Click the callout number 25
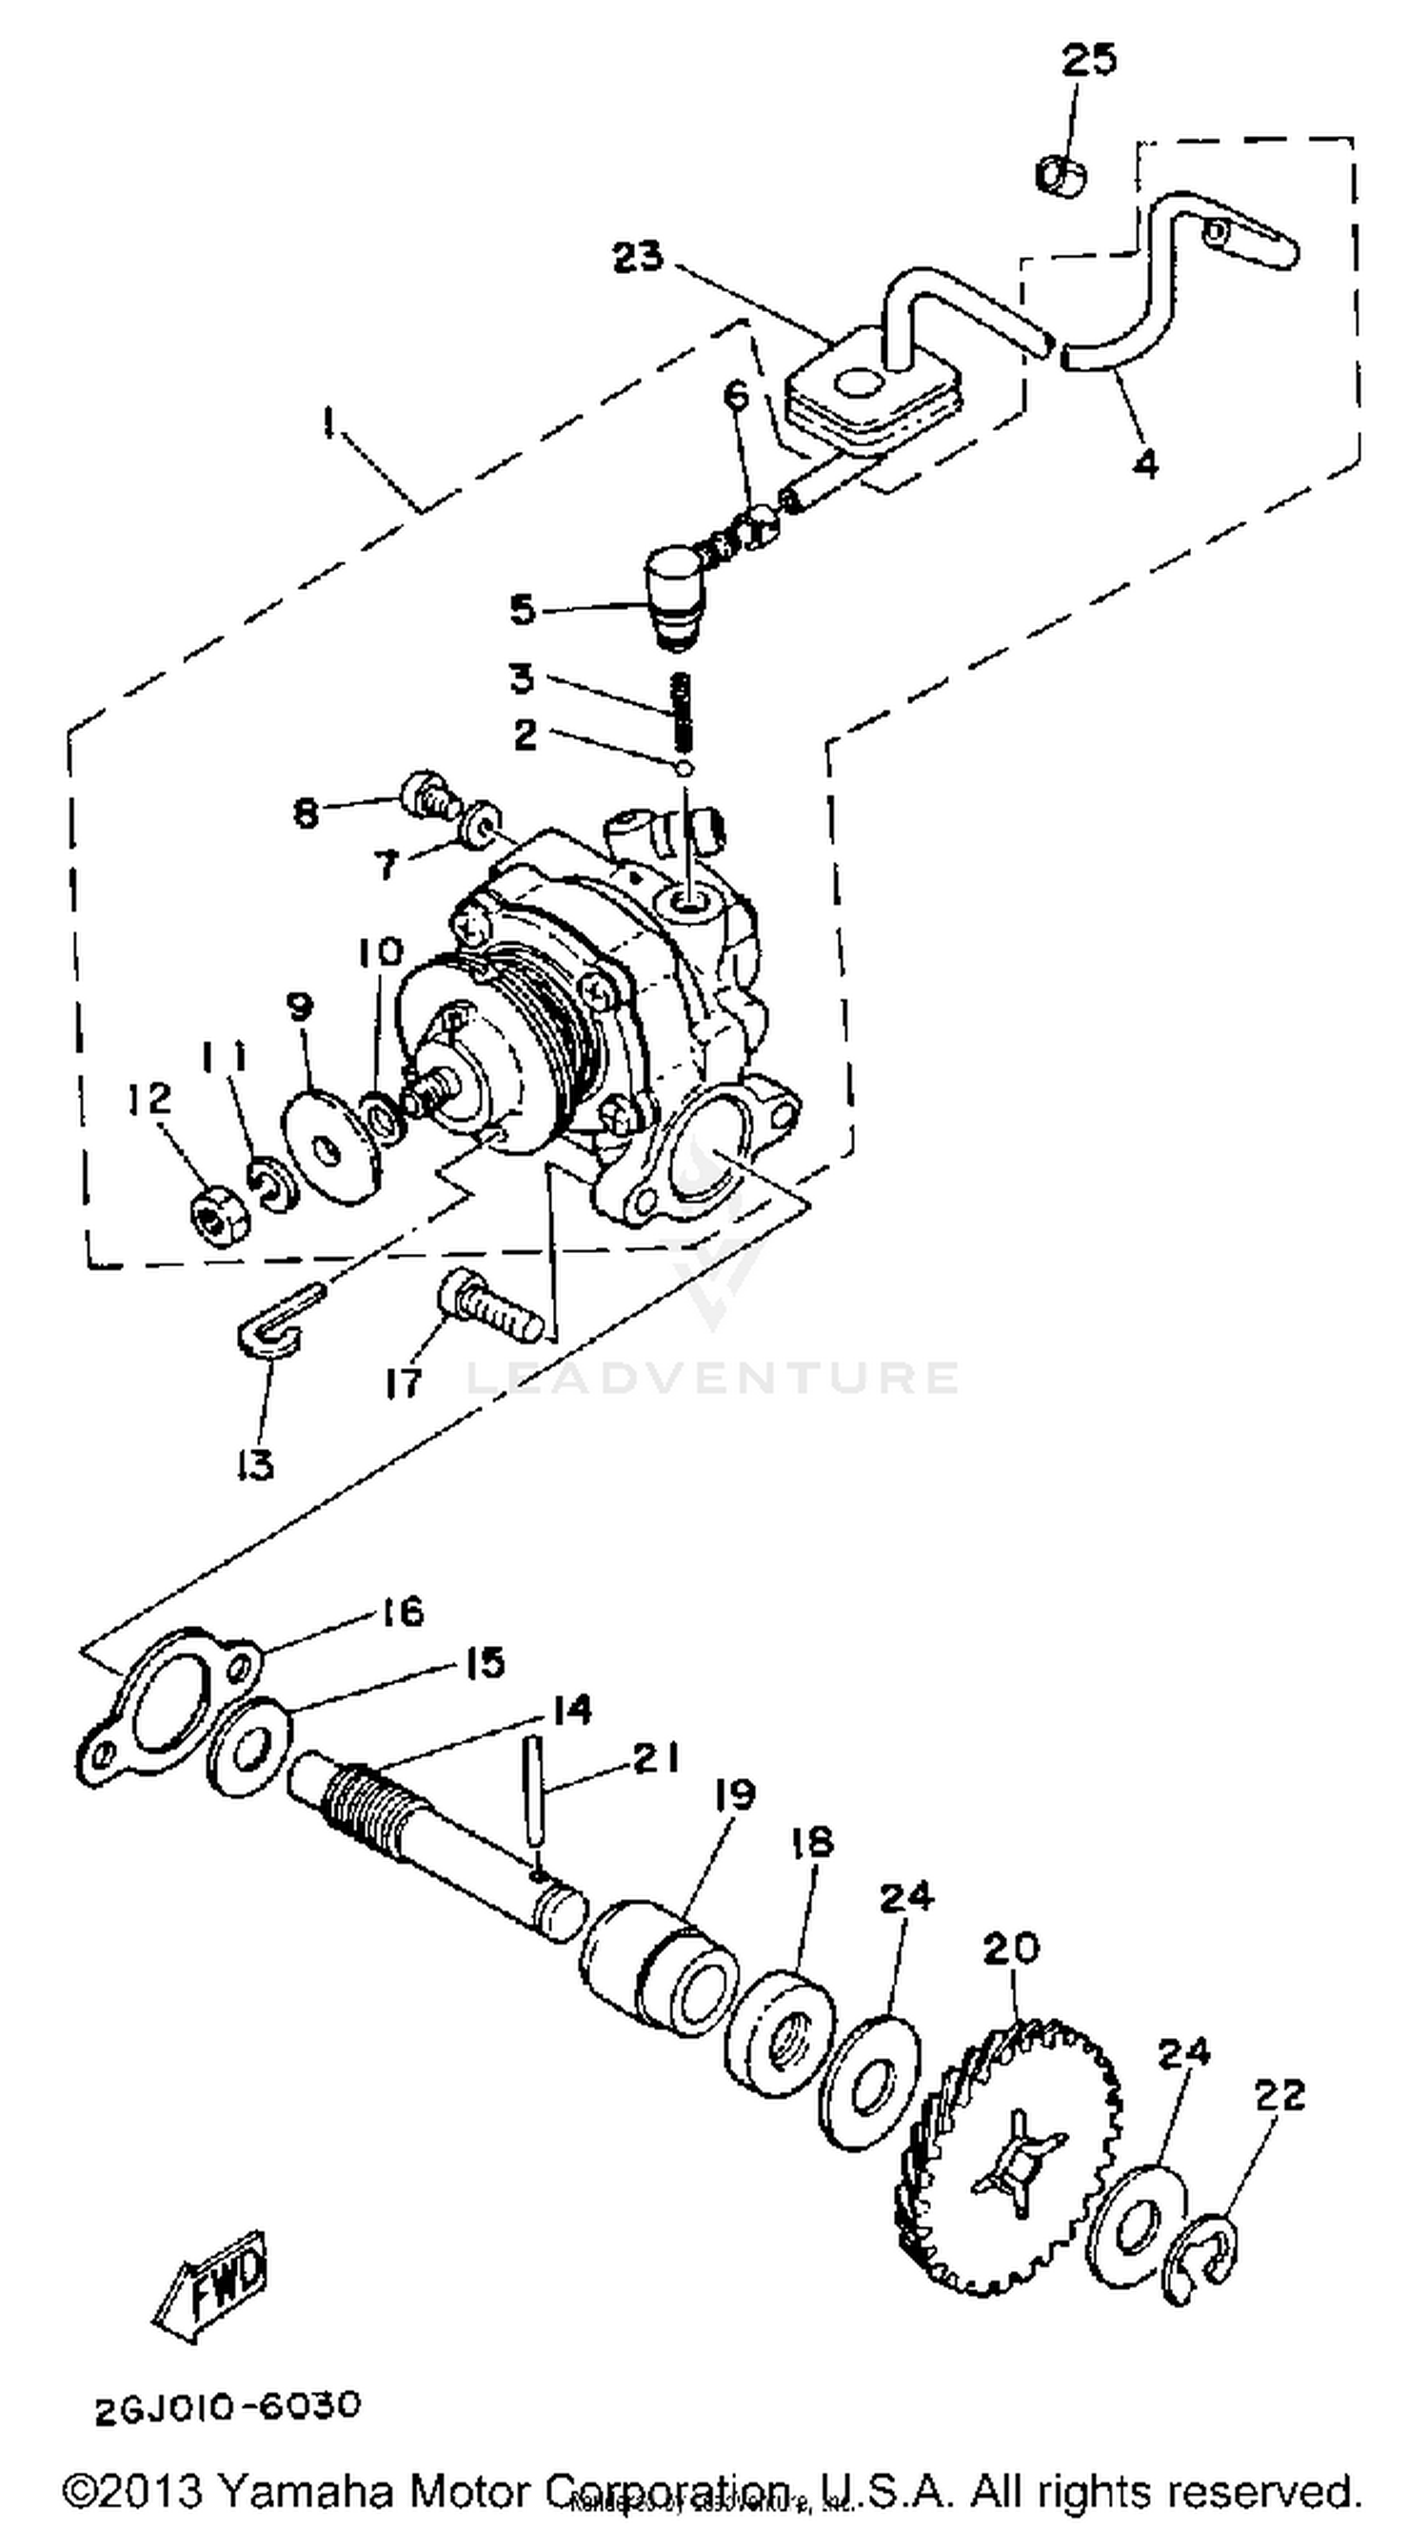pyautogui.click(x=1088, y=60)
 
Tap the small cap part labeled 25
pyautogui.click(x=1060, y=175)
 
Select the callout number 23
pyautogui.click(x=638, y=257)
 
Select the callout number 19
pyautogui.click(x=734, y=1794)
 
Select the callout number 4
pyautogui.click(x=1145, y=460)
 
